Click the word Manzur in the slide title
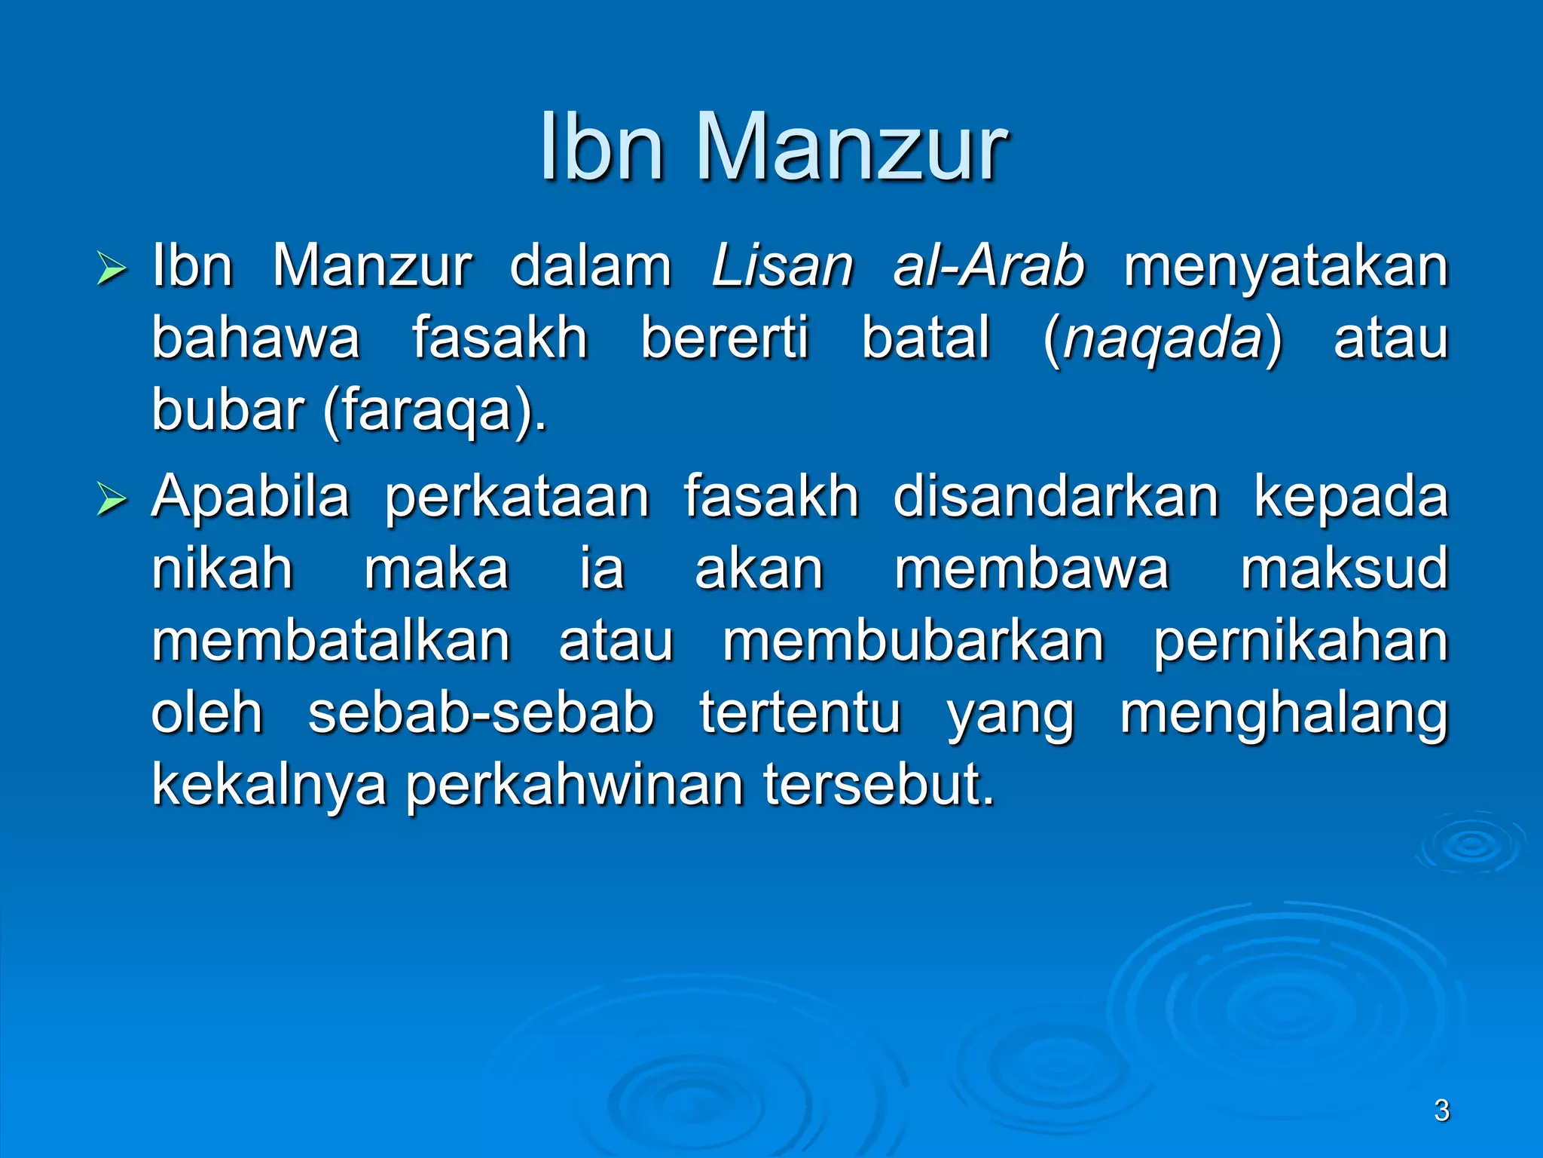[x=851, y=147]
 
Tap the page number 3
[x=1441, y=1111]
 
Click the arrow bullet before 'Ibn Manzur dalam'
[x=112, y=269]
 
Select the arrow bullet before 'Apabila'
[x=112, y=500]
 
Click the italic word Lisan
[x=782, y=267]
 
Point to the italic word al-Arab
[x=988, y=267]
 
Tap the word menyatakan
[x=1285, y=268]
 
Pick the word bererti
[x=725, y=339]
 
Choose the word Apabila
[x=251, y=498]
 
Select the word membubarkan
[x=913, y=642]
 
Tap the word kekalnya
[x=269, y=786]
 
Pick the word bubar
[x=228, y=411]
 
